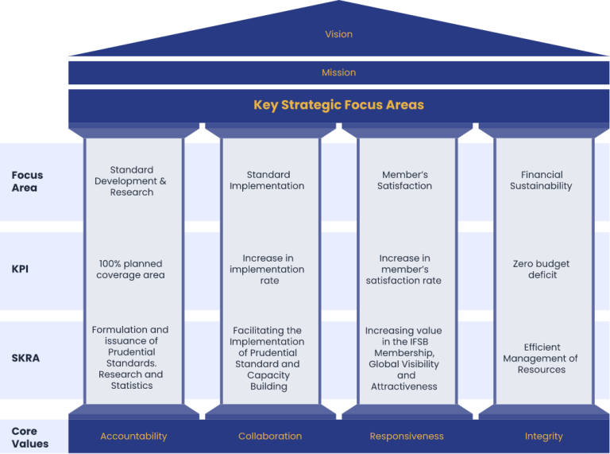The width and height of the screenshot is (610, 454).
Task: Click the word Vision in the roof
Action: tap(339, 34)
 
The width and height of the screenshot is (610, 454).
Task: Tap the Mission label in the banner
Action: tap(339, 72)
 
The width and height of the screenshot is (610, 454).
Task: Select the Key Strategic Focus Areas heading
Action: tap(339, 105)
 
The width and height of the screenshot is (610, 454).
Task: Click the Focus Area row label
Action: tap(27, 181)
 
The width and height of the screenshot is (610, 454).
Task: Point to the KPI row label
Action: tap(20, 269)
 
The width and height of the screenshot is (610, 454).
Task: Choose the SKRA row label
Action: tap(25, 358)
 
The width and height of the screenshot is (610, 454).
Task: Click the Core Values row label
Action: tap(30, 437)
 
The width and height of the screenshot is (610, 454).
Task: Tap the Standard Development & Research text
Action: tap(131, 181)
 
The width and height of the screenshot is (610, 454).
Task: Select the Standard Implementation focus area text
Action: tap(267, 180)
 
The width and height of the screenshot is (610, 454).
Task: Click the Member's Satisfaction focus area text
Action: tap(404, 180)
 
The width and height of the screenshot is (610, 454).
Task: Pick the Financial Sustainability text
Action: tap(541, 180)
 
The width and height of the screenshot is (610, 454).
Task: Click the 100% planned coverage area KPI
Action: tap(131, 269)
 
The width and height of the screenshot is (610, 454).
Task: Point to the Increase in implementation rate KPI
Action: tap(267, 269)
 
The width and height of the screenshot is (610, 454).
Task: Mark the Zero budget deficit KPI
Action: tap(541, 269)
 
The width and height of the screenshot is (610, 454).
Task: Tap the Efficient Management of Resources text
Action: tap(541, 359)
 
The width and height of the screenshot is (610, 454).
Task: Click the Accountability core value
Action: tap(133, 436)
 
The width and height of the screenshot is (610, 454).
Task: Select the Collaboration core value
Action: tap(270, 436)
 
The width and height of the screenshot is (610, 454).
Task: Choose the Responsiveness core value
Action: tap(407, 436)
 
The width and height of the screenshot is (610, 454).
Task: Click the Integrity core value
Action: tap(544, 437)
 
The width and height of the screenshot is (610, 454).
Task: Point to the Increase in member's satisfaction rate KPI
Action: tap(403, 269)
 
